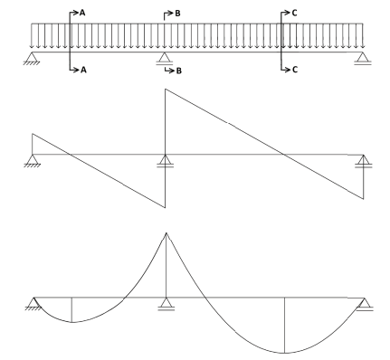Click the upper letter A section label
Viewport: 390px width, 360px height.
82,13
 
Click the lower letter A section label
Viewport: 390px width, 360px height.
83,70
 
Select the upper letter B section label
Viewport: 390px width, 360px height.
177,14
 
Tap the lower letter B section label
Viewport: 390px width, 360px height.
179,71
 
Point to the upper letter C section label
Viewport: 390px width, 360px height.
294,13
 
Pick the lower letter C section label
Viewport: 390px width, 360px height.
295,70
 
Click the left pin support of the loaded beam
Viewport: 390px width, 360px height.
32,58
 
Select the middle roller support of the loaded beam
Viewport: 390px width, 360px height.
164,59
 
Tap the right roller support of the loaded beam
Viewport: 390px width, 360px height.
363,59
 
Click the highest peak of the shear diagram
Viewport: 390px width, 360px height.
165,89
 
